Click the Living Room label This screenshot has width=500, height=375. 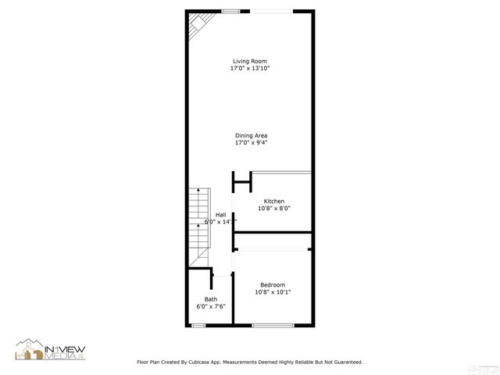(x=250, y=62)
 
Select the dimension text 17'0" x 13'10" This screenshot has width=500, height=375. (x=250, y=69)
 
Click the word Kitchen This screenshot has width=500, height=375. (x=273, y=202)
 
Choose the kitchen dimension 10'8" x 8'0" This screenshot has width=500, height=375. (x=273, y=209)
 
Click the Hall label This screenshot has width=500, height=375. (x=221, y=215)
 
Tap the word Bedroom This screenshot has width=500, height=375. (x=273, y=285)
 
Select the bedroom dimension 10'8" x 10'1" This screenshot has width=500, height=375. (x=273, y=292)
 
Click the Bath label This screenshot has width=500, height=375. (x=211, y=299)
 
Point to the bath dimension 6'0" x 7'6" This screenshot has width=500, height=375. (x=211, y=306)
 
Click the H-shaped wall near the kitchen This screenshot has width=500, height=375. (x=241, y=183)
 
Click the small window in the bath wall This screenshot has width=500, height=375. (x=198, y=325)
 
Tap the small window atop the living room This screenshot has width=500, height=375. (x=230, y=11)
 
